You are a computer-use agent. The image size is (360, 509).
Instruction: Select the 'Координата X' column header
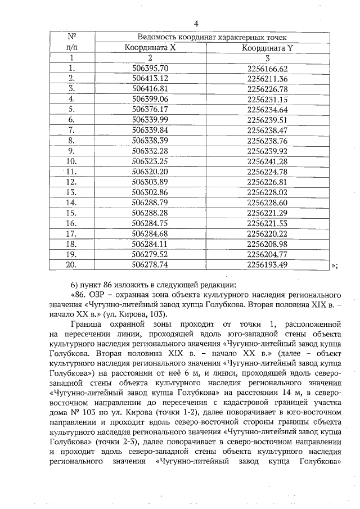pyautogui.click(x=150, y=47)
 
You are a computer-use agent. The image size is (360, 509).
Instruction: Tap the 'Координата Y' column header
pyautogui.click(x=267, y=47)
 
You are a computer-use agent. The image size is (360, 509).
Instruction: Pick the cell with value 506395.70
pyautogui.click(x=150, y=68)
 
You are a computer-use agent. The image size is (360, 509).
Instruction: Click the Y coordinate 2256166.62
pyautogui.click(x=267, y=68)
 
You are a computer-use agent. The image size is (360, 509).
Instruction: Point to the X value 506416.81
pyautogui.click(x=150, y=89)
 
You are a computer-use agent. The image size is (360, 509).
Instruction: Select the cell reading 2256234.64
pyautogui.click(x=267, y=109)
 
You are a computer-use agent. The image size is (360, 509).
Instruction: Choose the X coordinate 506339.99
pyautogui.click(x=150, y=120)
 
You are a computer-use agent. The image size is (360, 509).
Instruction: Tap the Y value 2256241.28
pyautogui.click(x=267, y=161)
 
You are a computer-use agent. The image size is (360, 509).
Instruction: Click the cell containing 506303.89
pyautogui.click(x=150, y=182)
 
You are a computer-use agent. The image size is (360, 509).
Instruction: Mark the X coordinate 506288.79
pyautogui.click(x=150, y=202)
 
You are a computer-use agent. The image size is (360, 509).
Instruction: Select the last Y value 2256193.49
pyautogui.click(x=267, y=264)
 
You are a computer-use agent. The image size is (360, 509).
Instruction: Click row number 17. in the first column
pyautogui.click(x=71, y=233)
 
